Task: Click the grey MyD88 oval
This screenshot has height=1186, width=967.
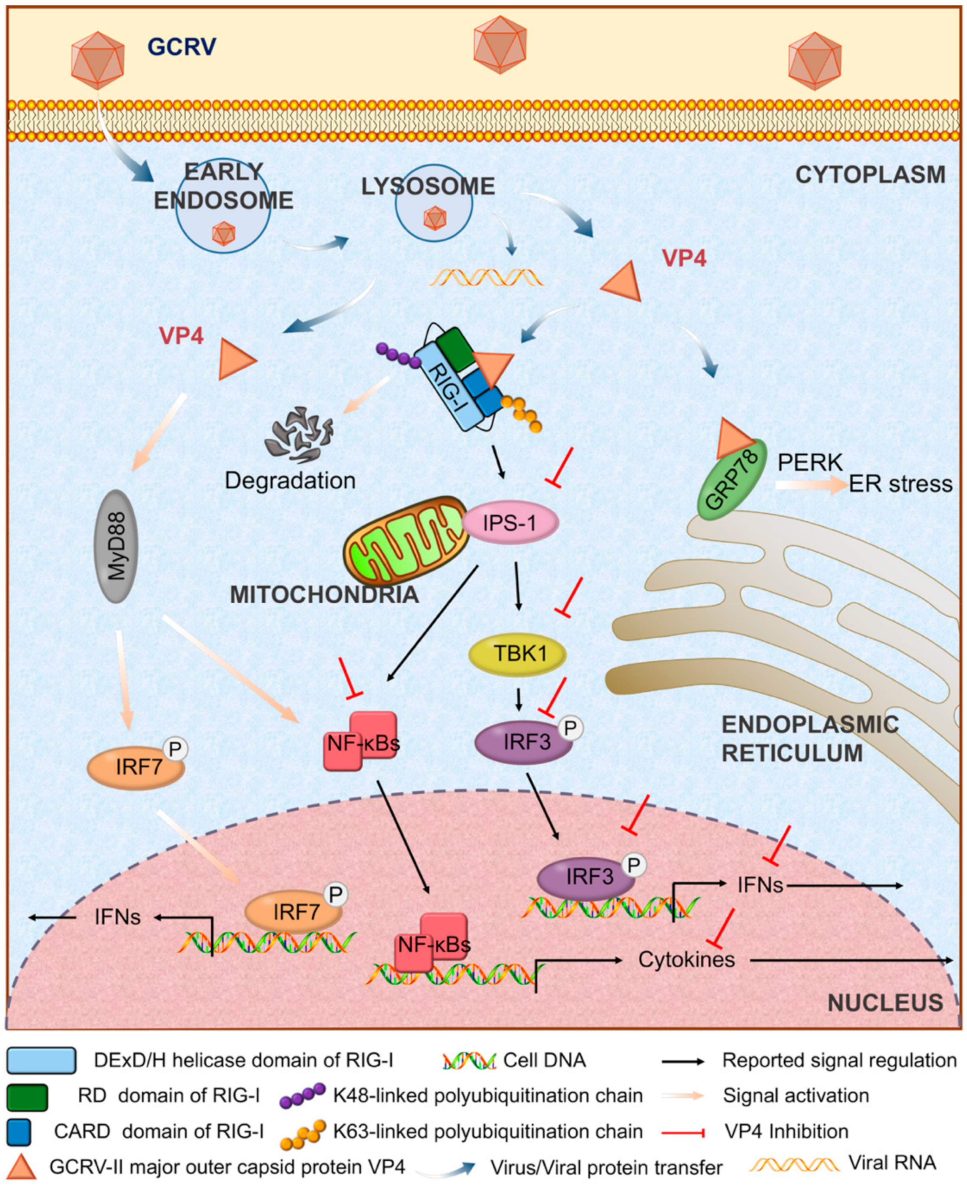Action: coord(115,546)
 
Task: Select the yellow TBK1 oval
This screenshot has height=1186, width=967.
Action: coord(517,654)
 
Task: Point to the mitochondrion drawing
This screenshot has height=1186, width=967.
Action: coord(405,539)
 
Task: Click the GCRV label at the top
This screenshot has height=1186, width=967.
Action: coord(182,47)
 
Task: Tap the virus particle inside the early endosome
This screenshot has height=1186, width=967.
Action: coord(223,233)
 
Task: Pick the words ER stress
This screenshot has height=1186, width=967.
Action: coord(900,484)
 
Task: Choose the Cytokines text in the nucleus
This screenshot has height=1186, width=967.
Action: coord(686,960)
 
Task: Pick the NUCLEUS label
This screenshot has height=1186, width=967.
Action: coord(885,1003)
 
